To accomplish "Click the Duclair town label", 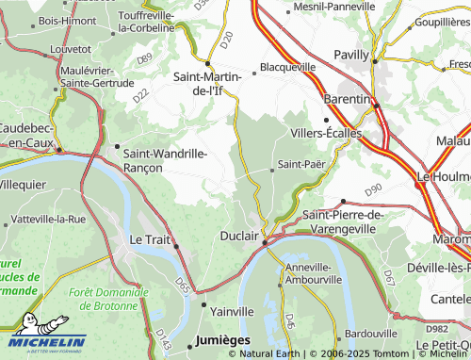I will pos(238,236).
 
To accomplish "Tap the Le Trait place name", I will pos(149,240).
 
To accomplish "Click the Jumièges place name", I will pos(222,338).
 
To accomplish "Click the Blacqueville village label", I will pos(287,68).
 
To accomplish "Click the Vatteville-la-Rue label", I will pos(48,219).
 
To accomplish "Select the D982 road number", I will pos(436,328).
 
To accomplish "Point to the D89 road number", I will pos(143,59).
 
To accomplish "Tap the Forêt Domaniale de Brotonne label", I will pos(110,299).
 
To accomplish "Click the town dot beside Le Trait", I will pos(176,246).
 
